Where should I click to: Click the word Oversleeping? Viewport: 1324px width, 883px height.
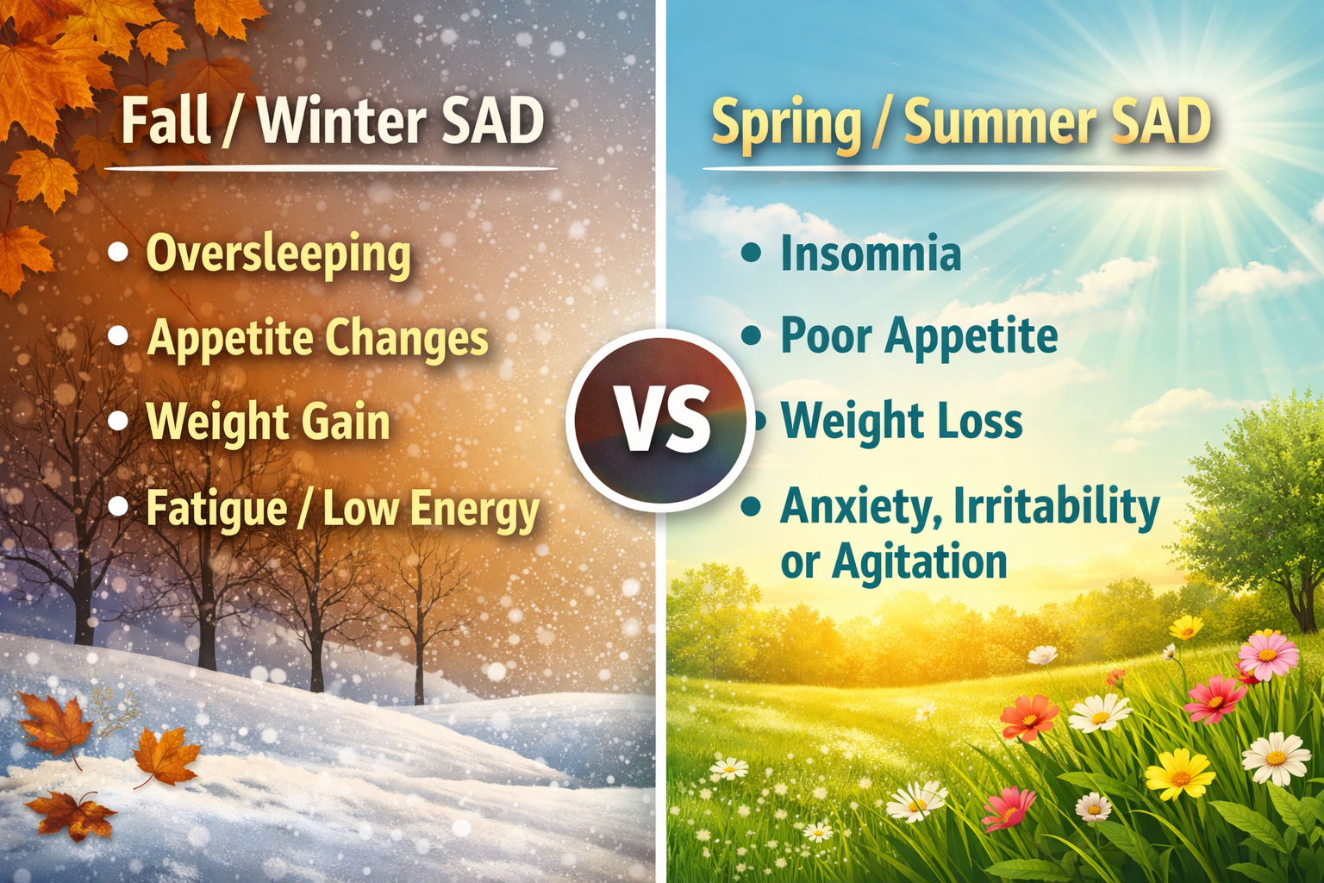278,254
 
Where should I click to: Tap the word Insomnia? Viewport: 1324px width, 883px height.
871,254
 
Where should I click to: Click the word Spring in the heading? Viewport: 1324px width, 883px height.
786,124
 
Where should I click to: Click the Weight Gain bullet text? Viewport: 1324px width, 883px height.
268,423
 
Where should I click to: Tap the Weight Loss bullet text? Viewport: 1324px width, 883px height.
902,422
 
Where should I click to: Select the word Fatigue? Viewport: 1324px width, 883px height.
216,509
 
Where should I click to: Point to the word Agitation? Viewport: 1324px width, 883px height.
920,562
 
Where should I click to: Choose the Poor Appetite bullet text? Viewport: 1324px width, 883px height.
919,336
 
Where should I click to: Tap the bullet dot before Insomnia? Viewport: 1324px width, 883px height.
752,253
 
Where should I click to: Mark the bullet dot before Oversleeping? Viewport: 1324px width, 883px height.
118,253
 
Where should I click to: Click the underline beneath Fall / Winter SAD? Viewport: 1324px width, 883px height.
330,169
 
